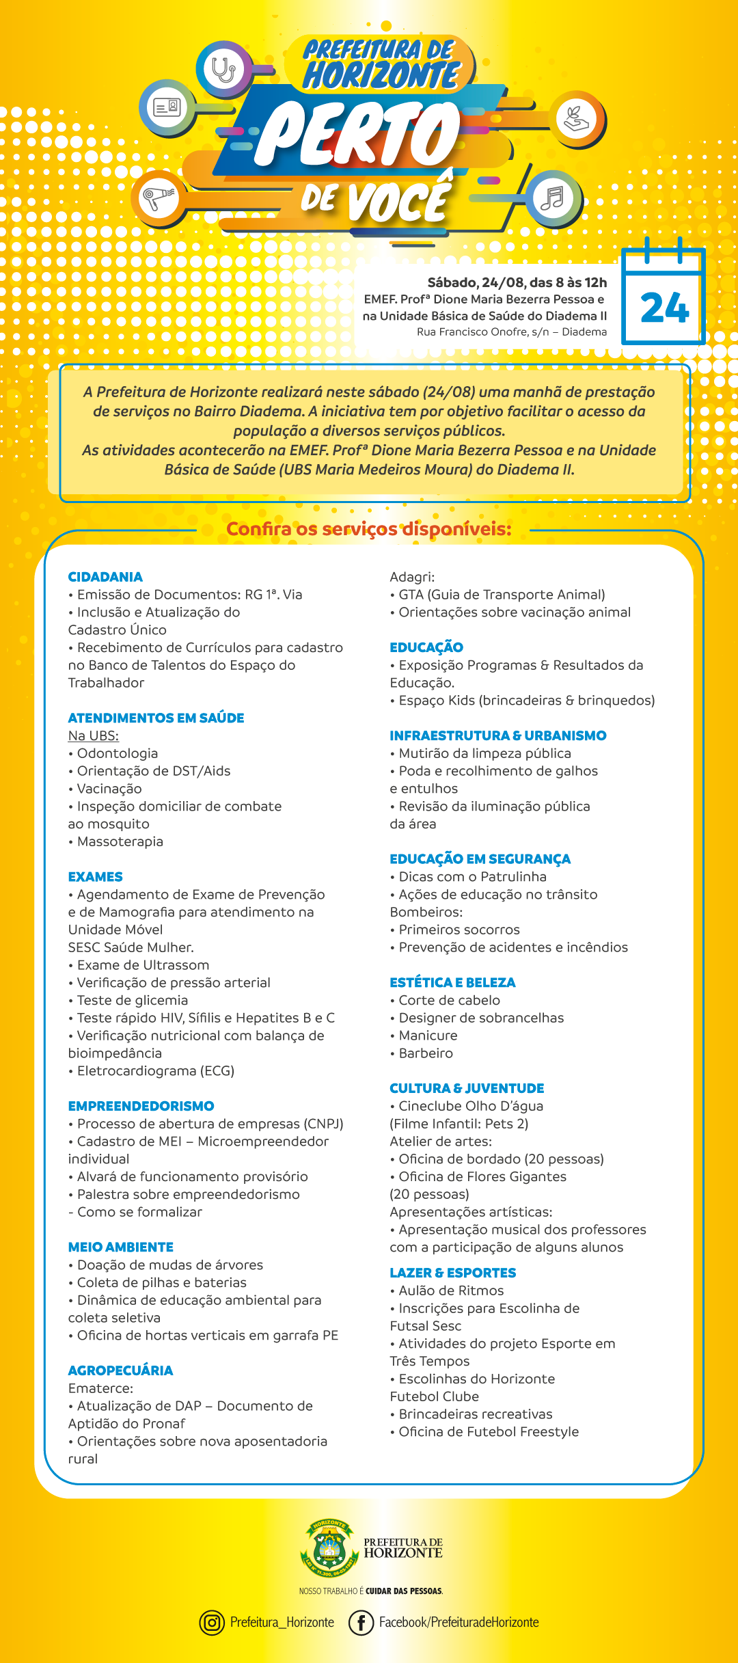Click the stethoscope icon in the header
[223, 70]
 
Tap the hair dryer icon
[159, 198]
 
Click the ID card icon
[166, 107]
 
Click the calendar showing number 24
[664, 298]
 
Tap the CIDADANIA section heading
[105, 577]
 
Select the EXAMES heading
[96, 877]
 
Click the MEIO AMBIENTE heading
[121, 1247]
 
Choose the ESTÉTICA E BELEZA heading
[452, 983]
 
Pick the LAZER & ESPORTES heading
[452, 1273]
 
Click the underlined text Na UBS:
[94, 736]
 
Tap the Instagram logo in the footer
[212, 1622]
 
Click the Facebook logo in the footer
[361, 1622]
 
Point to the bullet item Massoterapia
[120, 842]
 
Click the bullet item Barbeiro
[425, 1053]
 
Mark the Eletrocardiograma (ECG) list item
[155, 1071]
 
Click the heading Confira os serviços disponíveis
[368, 530]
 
